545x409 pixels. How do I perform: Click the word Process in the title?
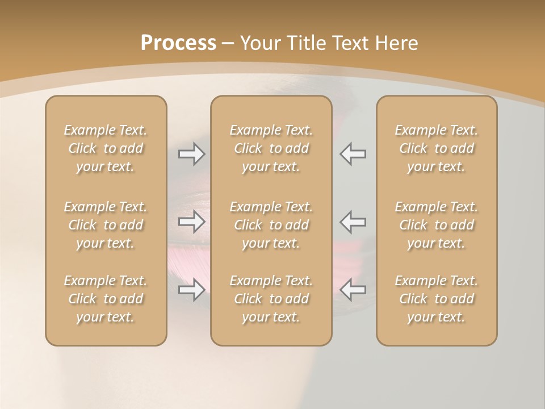[178, 43]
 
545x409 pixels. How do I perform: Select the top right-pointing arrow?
[192, 154]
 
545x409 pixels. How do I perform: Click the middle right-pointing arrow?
[192, 222]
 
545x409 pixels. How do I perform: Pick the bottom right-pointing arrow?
[192, 290]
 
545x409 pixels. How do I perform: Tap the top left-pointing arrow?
[353, 154]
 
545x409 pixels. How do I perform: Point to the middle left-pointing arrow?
[353, 222]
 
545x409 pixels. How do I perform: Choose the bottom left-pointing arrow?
[353, 290]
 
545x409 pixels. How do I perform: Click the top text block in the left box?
[106, 148]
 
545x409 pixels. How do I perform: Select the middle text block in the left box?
[106, 225]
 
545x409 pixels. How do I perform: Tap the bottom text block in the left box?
[106, 299]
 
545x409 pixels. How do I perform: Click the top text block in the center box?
[271, 148]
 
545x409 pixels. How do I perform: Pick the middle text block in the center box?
[271, 225]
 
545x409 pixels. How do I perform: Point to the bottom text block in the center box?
[271, 299]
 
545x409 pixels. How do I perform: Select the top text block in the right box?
[437, 148]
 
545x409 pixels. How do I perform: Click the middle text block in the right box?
[437, 225]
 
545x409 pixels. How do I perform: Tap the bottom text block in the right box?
[437, 299]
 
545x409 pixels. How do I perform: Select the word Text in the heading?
[355, 43]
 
